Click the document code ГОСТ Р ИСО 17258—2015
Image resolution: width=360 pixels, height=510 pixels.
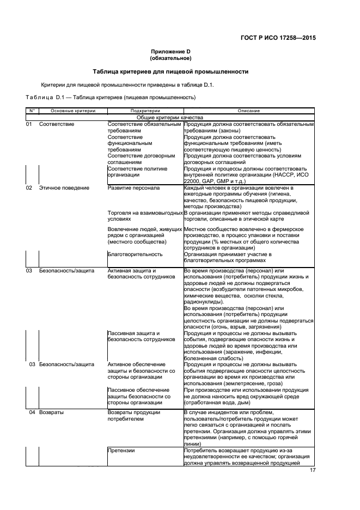pyautogui.click(x=278, y=39)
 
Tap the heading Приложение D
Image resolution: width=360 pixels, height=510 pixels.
pyautogui.click(x=170, y=52)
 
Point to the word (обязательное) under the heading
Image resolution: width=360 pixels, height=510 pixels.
pyautogui.click(x=170, y=58)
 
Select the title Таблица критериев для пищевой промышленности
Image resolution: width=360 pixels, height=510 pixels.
pyautogui.click(x=170, y=71)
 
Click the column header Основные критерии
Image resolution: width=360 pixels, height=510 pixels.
pyautogui.click(x=69, y=111)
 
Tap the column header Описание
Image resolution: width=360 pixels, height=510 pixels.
pyautogui.click(x=248, y=111)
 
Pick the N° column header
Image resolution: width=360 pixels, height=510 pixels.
pyautogui.click(x=32, y=111)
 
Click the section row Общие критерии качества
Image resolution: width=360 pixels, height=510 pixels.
pyautogui.click(x=170, y=117)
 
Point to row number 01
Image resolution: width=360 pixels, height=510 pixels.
pyautogui.click(x=30, y=124)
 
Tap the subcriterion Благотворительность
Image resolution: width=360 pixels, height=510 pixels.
pyautogui.click(x=135, y=254)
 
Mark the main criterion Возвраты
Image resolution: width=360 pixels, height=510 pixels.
pyautogui.click(x=51, y=412)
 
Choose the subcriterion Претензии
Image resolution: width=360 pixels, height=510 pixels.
pyautogui.click(x=121, y=451)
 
